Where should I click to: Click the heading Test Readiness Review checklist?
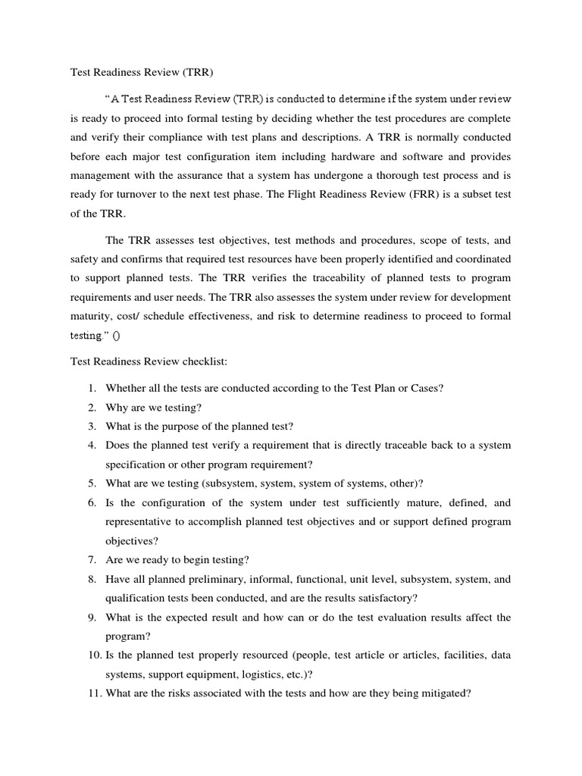[144, 361]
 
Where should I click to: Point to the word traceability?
[293, 279]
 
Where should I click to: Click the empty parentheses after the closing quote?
[116, 336]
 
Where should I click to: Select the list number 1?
[91, 388]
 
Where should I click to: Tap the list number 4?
[91, 445]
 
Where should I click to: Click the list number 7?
[91, 560]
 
